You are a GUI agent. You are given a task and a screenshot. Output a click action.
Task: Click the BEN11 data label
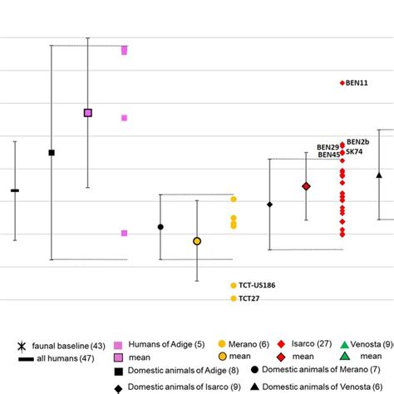click(x=359, y=83)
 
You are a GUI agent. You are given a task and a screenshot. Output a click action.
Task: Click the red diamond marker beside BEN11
click(x=342, y=83)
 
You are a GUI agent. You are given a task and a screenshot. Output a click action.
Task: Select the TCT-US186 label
click(x=257, y=285)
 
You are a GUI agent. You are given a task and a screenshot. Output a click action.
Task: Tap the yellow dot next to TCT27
click(x=233, y=298)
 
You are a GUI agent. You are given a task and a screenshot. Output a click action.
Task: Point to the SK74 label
click(x=355, y=152)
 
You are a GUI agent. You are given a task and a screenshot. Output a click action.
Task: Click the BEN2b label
click(x=358, y=142)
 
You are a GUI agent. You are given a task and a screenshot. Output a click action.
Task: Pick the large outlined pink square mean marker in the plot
click(x=88, y=112)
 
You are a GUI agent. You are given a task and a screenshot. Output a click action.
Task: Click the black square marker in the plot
click(x=52, y=152)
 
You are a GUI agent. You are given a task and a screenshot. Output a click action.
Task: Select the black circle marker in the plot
click(x=160, y=227)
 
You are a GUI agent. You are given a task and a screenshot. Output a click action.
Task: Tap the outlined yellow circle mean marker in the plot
click(x=197, y=241)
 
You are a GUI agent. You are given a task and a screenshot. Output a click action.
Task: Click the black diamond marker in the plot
click(x=269, y=204)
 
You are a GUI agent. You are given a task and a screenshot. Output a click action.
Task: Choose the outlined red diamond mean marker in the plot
click(x=306, y=186)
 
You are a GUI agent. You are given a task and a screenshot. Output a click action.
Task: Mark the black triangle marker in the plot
click(x=379, y=175)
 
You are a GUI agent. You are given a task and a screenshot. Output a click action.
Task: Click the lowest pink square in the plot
click(x=124, y=234)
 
